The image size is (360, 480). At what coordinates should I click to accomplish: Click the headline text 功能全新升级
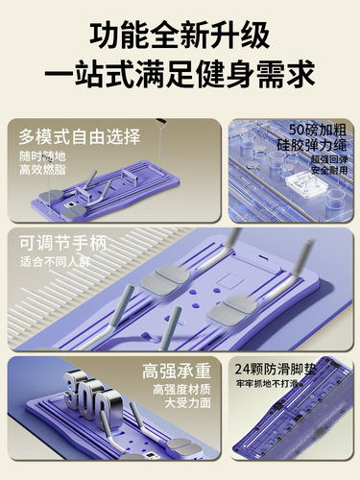click(180, 36)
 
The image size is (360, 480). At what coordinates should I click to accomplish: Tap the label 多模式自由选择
click(78, 136)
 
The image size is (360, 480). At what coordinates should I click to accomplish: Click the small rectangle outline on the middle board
click(227, 283)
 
